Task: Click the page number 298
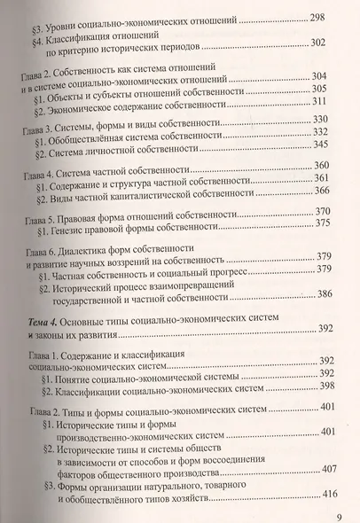(x=317, y=19)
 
